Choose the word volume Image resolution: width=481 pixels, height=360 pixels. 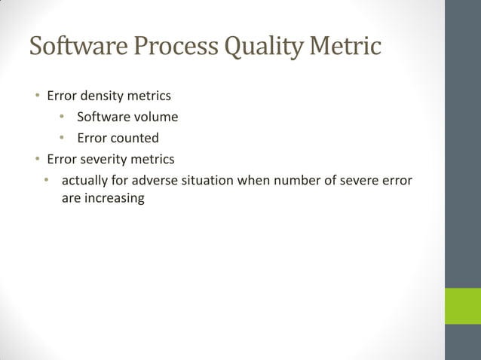[157, 117]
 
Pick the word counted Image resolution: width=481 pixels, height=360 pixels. [134, 139]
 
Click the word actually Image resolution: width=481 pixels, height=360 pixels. [84, 181]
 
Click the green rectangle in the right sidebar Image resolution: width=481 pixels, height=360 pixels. [462, 305]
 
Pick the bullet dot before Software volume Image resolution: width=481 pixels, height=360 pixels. [64, 117]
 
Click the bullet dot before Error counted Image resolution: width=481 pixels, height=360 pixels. [64, 139]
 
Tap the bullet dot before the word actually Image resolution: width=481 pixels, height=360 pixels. [46, 181]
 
